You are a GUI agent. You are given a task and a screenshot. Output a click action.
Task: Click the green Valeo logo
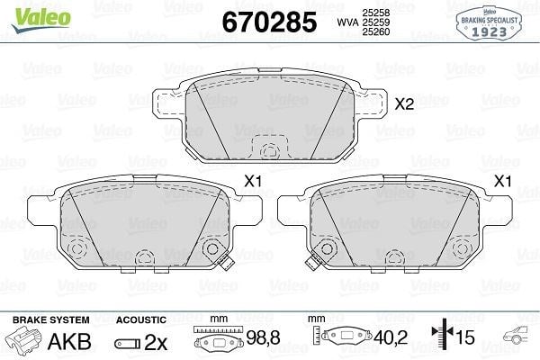pyautogui.click(x=41, y=19)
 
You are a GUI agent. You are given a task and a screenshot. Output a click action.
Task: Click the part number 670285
pyautogui.click(x=269, y=22)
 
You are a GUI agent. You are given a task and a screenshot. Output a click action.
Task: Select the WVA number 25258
pyautogui.click(x=375, y=13)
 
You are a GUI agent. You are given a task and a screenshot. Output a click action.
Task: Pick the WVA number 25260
pyautogui.click(x=375, y=31)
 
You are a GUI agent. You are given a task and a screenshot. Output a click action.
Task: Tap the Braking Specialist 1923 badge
pyautogui.click(x=489, y=23)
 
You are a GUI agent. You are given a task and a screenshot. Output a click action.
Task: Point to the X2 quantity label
pyautogui.click(x=404, y=103)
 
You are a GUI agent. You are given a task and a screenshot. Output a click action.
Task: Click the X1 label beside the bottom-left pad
pyautogui.click(x=253, y=181)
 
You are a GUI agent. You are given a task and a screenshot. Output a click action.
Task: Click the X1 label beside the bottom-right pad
pyautogui.click(x=503, y=181)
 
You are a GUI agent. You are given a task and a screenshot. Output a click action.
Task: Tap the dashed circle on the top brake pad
pyautogui.click(x=268, y=151)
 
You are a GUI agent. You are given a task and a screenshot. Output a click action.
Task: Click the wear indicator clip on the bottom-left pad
pyautogui.click(x=226, y=264)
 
